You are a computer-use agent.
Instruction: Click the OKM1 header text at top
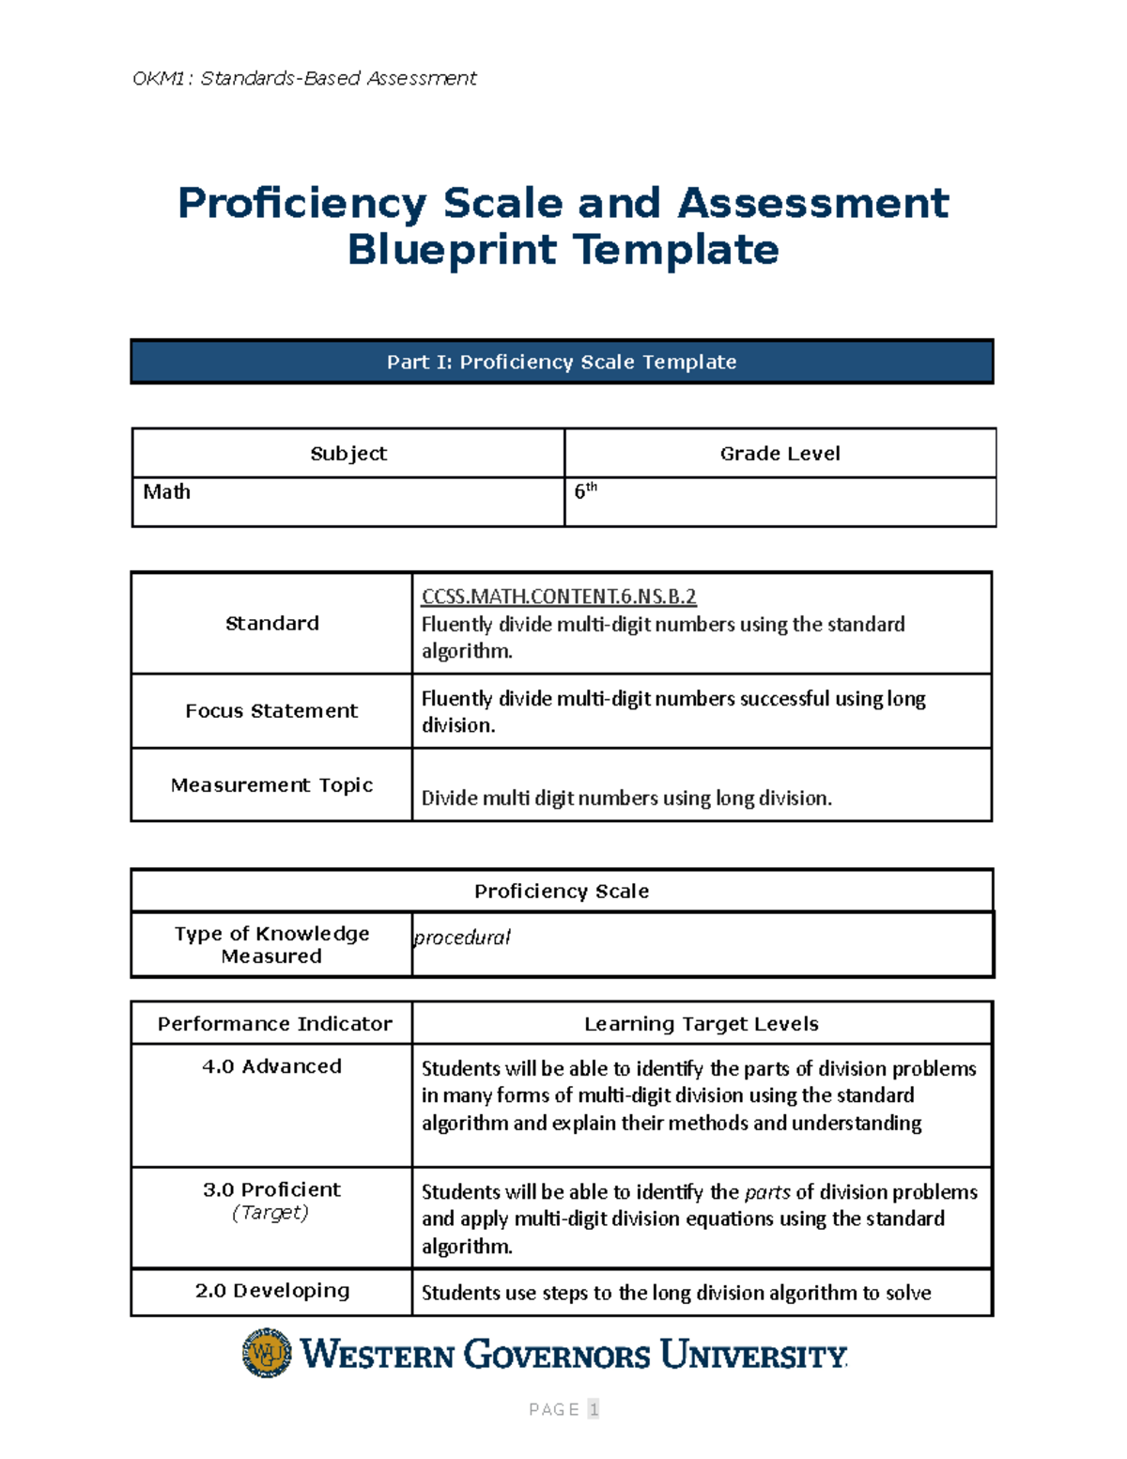tap(304, 78)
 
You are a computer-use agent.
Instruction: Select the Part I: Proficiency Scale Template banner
tap(562, 362)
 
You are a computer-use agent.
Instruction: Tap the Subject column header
tap(348, 454)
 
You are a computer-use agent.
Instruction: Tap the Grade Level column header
tap(780, 454)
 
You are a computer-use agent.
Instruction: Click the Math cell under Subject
tap(167, 492)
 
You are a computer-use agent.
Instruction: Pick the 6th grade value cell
tap(585, 490)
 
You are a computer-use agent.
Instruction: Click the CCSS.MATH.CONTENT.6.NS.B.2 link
tap(559, 597)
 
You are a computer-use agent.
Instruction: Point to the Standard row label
tap(272, 623)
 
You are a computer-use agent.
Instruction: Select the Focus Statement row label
tap(271, 711)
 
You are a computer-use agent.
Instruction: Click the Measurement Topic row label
tap(271, 785)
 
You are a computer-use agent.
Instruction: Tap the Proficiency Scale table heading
tap(562, 891)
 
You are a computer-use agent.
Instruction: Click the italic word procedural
tap(462, 938)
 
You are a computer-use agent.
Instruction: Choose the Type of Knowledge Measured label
tap(271, 945)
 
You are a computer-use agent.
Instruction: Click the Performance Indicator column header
tap(274, 1024)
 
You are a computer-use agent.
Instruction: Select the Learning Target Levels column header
tap(702, 1024)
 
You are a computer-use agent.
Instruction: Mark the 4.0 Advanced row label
tap(271, 1066)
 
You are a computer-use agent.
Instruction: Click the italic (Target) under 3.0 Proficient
tap(270, 1213)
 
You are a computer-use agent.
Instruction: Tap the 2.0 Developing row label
tap(272, 1291)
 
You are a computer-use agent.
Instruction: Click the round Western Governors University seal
tap(267, 1353)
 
